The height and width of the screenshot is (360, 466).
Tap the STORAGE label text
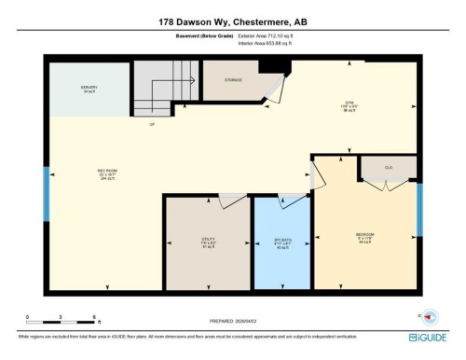coord(233,80)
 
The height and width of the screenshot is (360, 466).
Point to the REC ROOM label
coord(107,171)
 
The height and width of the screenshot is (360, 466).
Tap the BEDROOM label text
coord(364,233)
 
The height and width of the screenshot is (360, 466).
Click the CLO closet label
coord(387,168)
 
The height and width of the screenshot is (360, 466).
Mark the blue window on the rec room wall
coord(47,192)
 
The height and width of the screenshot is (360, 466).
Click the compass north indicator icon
coord(430,315)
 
